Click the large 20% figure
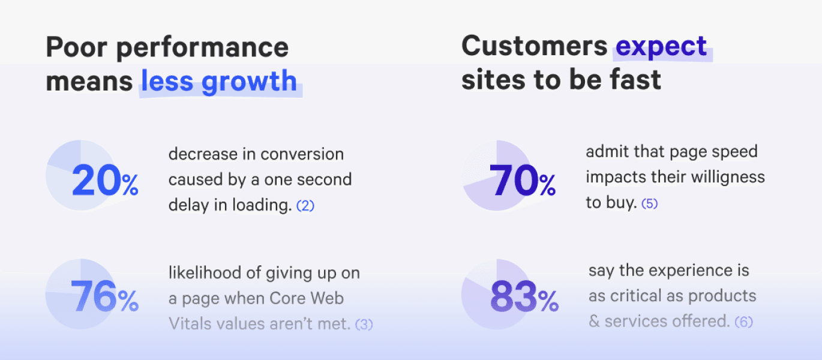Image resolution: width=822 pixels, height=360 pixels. pyautogui.click(x=105, y=181)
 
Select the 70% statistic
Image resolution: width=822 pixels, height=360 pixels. pyautogui.click(x=522, y=181)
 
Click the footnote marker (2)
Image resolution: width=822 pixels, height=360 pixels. pyautogui.click(x=305, y=206)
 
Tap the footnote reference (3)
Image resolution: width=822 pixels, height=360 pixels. pyautogui.click(x=364, y=325)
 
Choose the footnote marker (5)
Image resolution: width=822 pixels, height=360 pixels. pyautogui.click(x=649, y=203)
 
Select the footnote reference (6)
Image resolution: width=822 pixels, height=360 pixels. pyautogui.click(x=743, y=322)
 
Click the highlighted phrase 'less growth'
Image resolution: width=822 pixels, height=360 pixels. pyautogui.click(x=219, y=81)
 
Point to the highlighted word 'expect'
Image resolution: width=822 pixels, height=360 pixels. pyautogui.click(x=662, y=47)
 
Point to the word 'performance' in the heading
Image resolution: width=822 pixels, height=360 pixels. pyautogui.click(x=202, y=49)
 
